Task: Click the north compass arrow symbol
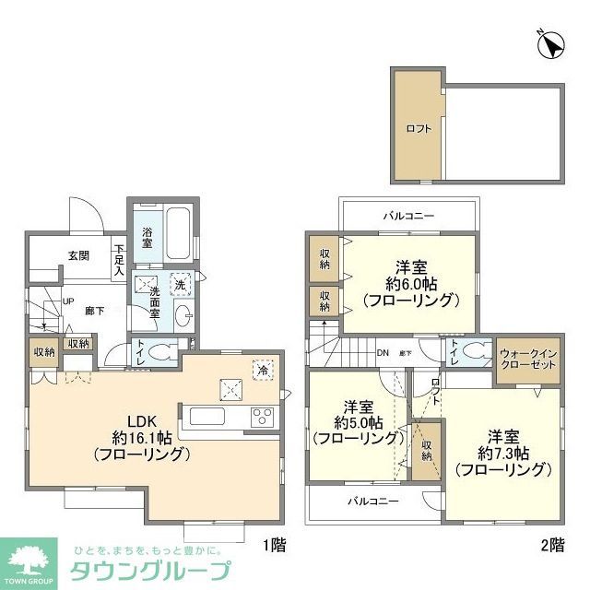point(550,43)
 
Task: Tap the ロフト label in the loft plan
point(418,128)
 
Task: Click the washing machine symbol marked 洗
point(181,282)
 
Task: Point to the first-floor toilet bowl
point(165,350)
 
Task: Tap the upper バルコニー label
point(408,216)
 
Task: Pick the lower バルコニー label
point(372,501)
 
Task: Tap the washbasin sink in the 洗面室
point(181,313)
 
